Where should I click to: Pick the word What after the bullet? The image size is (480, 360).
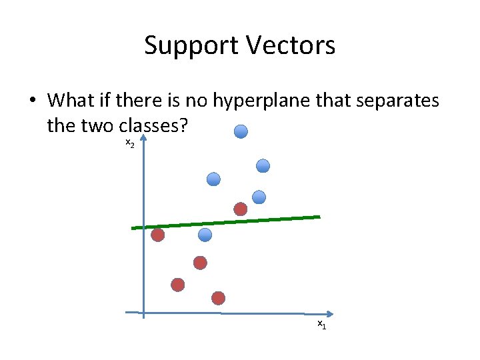71,101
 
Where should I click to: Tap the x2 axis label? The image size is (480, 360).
129,144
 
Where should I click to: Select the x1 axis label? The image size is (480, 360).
321,324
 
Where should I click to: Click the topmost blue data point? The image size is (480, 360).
241,131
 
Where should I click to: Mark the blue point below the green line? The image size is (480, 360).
205,235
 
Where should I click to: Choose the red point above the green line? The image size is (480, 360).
240,209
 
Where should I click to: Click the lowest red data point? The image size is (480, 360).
219,297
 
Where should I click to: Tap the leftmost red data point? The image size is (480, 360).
158,235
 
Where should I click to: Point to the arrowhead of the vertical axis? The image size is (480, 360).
143,138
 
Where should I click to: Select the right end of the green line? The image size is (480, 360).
319,217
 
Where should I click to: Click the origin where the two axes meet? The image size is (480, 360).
143,312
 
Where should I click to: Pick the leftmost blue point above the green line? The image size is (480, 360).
213,179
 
